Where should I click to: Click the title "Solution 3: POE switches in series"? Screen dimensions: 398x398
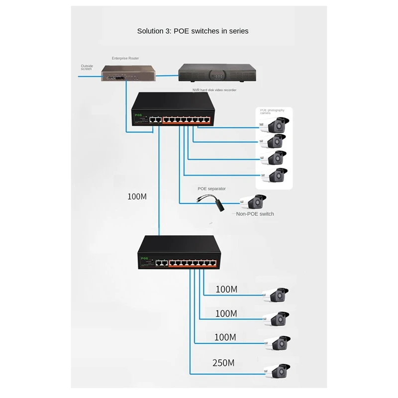pos(193,31)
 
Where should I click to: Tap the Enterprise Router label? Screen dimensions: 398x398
pos(125,58)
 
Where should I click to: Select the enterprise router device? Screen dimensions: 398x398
pos(128,74)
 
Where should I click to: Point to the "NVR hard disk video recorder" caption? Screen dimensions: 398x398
pos(214,90)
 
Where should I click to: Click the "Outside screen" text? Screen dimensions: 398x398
pos(87,67)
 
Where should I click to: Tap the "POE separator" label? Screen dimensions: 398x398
pos(211,189)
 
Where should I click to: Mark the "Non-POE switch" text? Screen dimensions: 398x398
pos(255,214)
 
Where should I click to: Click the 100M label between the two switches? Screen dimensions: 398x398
pos(137,197)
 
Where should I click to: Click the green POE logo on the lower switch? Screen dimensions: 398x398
pos(145,258)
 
